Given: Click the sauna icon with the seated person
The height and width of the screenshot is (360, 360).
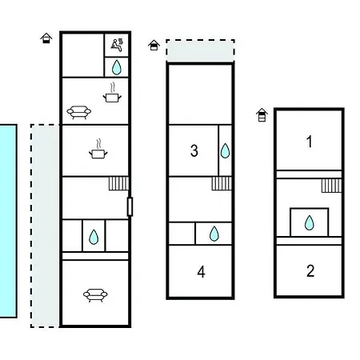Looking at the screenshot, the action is pyautogui.click(x=117, y=45).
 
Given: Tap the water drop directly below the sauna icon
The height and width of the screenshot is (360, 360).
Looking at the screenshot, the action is pyautogui.click(x=117, y=67).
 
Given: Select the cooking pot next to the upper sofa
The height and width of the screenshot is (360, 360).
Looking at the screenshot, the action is pyautogui.click(x=112, y=93).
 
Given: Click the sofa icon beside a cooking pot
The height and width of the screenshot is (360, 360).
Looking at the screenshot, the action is pyautogui.click(x=79, y=112).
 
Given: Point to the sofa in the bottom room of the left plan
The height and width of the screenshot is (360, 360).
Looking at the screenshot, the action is pyautogui.click(x=95, y=295).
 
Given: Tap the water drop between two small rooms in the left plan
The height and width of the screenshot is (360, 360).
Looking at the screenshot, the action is pyautogui.click(x=94, y=237).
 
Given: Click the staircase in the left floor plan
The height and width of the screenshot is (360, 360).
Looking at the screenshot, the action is pyautogui.click(x=118, y=183).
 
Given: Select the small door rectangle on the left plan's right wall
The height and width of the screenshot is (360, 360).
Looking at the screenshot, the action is pyautogui.click(x=130, y=206).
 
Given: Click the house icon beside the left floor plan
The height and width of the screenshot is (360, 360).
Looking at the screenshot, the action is pyautogui.click(x=46, y=38).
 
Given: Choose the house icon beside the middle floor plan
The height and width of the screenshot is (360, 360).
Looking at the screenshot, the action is pyautogui.click(x=154, y=45).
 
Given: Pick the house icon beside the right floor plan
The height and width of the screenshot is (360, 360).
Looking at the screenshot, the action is pyautogui.click(x=262, y=115).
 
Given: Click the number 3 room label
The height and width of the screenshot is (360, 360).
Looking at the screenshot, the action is pyautogui.click(x=194, y=150).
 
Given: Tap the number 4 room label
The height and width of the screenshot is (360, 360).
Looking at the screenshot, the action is pyautogui.click(x=202, y=272).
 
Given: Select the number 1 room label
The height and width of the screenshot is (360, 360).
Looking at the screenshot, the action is pyautogui.click(x=310, y=142).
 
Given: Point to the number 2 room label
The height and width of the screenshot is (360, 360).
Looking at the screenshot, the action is pyautogui.click(x=310, y=271).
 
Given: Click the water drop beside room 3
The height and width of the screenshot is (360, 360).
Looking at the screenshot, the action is pyautogui.click(x=225, y=150).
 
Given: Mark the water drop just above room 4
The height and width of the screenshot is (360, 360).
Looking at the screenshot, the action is pyautogui.click(x=214, y=234).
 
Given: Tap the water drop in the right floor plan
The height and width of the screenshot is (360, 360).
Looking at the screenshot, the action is pyautogui.click(x=310, y=222).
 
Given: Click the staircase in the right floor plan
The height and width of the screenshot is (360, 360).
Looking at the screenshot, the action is pyautogui.click(x=331, y=186).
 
